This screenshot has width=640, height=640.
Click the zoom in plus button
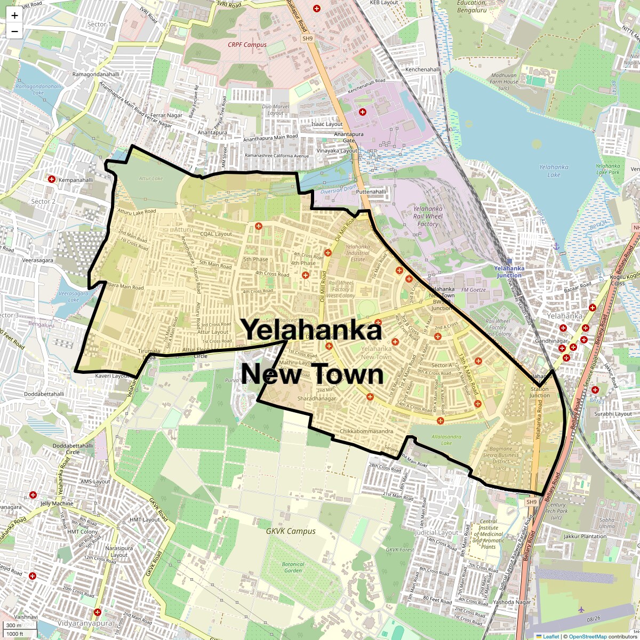pyautogui.click(x=14, y=15)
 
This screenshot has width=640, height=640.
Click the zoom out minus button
pyautogui.click(x=14, y=31)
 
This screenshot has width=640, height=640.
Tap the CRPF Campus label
pyautogui.click(x=247, y=45)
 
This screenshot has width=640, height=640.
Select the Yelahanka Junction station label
pyautogui.click(x=509, y=271)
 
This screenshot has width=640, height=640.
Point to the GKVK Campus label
pyautogui.click(x=291, y=531)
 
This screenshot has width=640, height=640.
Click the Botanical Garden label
pyautogui.click(x=293, y=567)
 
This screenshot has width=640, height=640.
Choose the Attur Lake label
pyautogui.click(x=150, y=178)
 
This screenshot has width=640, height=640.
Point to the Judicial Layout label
pyautogui.click(x=436, y=532)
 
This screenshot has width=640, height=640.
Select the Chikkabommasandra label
pyautogui.click(x=366, y=431)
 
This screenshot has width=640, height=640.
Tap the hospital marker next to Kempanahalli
pyautogui.click(x=52, y=179)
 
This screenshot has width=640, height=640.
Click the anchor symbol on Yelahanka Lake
pyautogui.click(x=556, y=246)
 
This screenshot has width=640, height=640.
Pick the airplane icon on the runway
pyautogui.click(x=581, y=609)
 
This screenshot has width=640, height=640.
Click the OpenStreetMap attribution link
pyautogui.click(x=587, y=636)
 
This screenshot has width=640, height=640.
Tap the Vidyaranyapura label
pyautogui.click(x=78, y=622)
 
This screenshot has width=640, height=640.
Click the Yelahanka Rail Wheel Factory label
pyautogui.click(x=428, y=216)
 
